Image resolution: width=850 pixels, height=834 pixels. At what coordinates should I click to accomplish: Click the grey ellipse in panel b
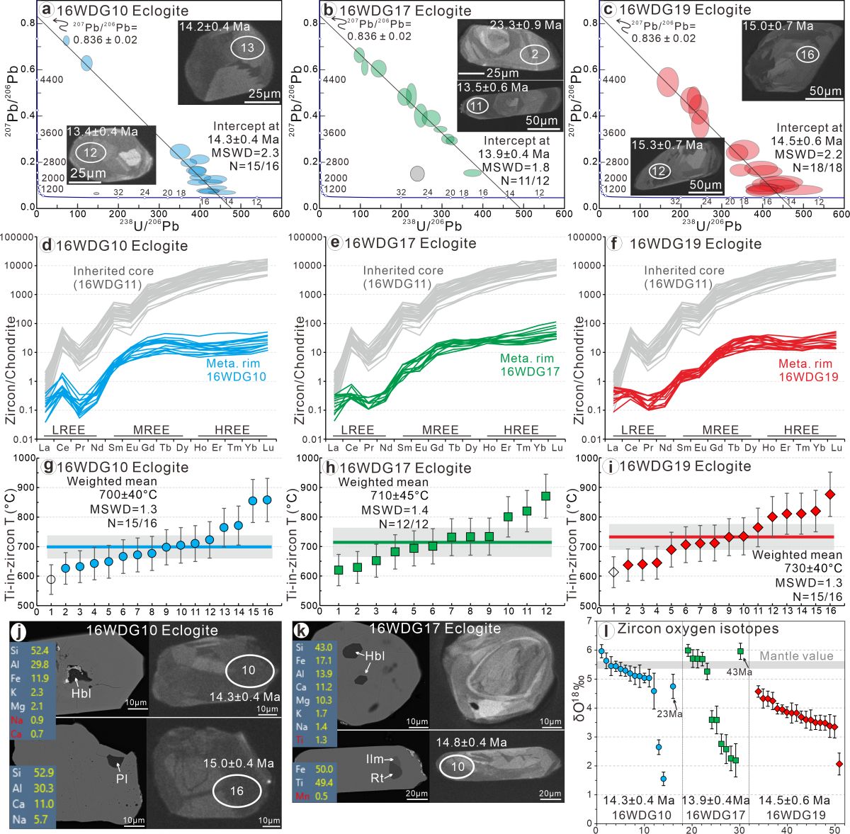pyautogui.click(x=417, y=174)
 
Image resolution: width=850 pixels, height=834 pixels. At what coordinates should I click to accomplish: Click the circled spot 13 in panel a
pyautogui.click(x=247, y=48)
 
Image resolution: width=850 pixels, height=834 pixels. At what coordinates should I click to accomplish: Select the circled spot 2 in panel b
pyautogui.click(x=535, y=55)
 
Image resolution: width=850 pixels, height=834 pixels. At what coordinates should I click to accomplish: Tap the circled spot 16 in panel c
pyautogui.click(x=807, y=55)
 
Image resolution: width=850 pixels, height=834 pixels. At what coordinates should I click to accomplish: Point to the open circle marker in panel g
pyautogui.click(x=50, y=580)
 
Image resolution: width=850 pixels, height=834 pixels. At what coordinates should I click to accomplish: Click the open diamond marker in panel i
pyautogui.click(x=613, y=572)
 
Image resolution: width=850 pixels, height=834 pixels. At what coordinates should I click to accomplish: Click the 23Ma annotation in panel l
pyautogui.click(x=669, y=714)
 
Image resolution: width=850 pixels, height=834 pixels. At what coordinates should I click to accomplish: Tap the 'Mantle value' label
pyautogui.click(x=796, y=656)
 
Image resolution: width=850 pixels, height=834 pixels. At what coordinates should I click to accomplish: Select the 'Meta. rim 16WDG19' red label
pyautogui.click(x=808, y=371)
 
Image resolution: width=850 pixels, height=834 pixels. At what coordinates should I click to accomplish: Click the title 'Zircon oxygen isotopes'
pyautogui.click(x=698, y=629)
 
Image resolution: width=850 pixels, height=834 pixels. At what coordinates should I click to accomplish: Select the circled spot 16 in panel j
pyautogui.click(x=237, y=791)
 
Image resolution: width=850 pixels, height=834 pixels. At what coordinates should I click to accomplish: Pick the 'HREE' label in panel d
pyautogui.click(x=232, y=429)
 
